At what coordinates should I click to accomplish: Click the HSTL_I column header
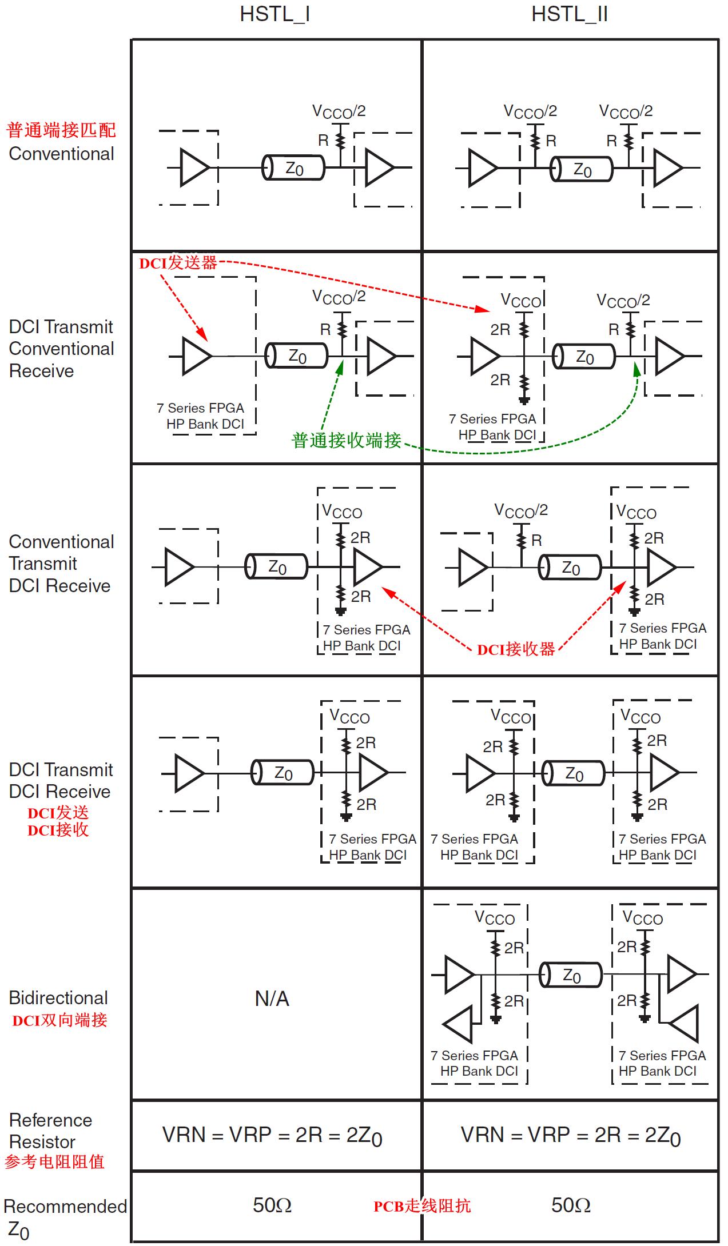coord(275,14)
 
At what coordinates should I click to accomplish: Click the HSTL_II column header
coord(569,14)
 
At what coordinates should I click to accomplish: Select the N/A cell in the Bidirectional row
coord(272,999)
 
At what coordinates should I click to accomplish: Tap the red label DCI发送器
coord(178,263)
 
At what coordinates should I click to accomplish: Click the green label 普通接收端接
coord(347,440)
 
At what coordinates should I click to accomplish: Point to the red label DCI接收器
coord(516,649)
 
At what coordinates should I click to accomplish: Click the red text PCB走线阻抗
coord(422,1206)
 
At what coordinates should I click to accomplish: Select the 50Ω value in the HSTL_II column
coord(571,1205)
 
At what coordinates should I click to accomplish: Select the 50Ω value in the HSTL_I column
coord(272,1205)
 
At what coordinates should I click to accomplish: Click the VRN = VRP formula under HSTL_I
coord(272,1135)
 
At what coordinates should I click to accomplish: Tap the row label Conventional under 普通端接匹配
coord(61,154)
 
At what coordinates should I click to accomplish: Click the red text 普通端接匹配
coord(61,130)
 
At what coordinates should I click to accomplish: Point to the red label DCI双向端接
coord(60,1020)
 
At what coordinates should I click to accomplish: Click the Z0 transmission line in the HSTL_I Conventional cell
coord(293,168)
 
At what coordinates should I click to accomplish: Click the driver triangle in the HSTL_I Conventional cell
coord(194,167)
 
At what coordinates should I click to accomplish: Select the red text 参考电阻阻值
coord(55,1162)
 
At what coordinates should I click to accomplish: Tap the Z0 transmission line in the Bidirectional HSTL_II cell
coord(571,975)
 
